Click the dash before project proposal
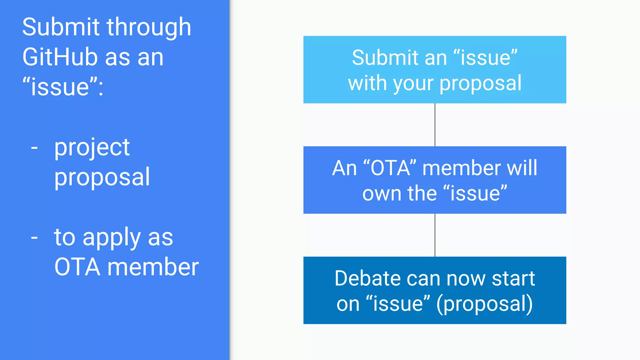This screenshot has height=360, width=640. pyautogui.click(x=34, y=147)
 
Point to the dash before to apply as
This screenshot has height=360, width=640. pyautogui.click(x=34, y=238)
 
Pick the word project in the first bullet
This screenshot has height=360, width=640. pyautogui.click(x=92, y=148)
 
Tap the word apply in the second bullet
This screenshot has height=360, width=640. pyautogui.click(x=112, y=238)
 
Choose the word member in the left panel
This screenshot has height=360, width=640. pyautogui.click(x=153, y=267)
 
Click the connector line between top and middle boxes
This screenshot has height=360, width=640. pyautogui.click(x=435, y=125)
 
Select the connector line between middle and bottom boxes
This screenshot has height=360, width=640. pyautogui.click(x=435, y=235)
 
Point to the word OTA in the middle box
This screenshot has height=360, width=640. pyautogui.click(x=390, y=168)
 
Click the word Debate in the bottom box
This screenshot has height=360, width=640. pyautogui.click(x=367, y=278)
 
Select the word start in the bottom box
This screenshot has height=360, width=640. pyautogui.click(x=513, y=278)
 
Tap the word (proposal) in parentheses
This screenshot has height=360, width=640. pyautogui.click(x=484, y=304)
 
